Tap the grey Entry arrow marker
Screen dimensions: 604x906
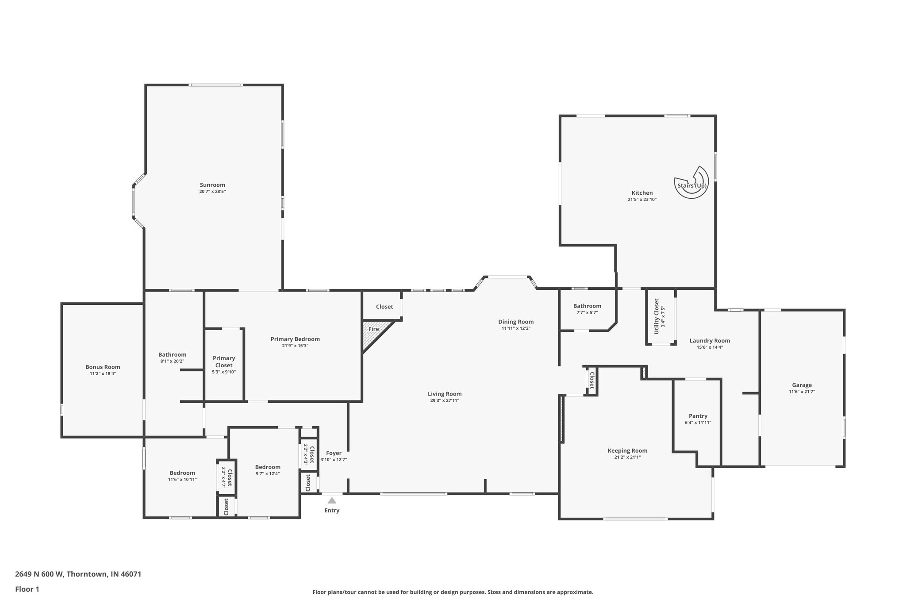332,501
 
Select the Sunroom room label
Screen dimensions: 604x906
212,185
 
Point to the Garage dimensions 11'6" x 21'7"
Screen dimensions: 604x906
802,392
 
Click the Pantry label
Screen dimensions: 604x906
698,416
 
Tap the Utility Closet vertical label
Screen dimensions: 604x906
656,316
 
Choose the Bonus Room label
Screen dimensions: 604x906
103,367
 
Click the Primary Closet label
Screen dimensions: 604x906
224,362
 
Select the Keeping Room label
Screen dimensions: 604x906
627,450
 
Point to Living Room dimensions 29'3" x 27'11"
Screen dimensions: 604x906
445,400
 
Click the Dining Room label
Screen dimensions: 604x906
516,322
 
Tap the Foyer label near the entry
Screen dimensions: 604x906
334,453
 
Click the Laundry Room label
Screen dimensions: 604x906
710,340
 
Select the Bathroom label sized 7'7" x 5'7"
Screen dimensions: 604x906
587,306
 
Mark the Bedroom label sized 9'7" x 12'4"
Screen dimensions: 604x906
268,467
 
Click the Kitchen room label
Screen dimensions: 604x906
642,193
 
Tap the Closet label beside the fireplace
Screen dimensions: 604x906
384,307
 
